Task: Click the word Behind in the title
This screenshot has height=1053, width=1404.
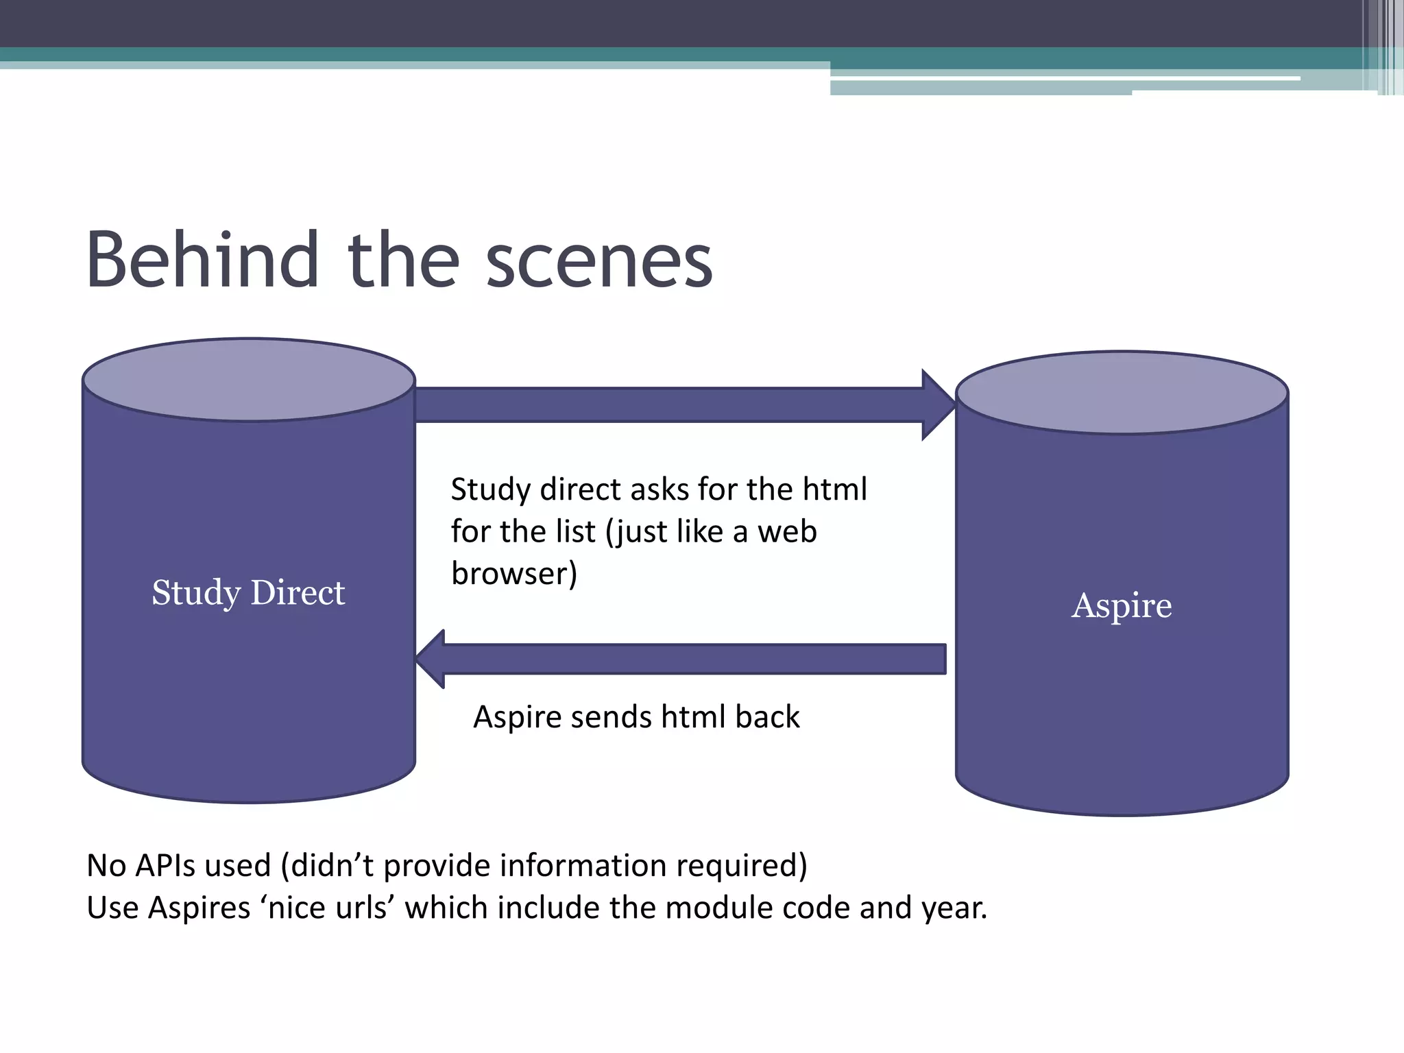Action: click(x=203, y=261)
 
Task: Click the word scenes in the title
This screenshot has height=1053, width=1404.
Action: click(x=599, y=262)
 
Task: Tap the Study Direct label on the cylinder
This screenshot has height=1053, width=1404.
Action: click(x=248, y=592)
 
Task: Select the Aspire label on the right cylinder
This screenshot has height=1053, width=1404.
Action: click(x=1122, y=605)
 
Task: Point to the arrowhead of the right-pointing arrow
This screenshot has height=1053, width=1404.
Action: click(x=938, y=404)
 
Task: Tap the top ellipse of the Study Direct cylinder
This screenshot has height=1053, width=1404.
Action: click(x=249, y=379)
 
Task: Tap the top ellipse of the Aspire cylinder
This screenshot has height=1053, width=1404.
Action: click(x=1122, y=392)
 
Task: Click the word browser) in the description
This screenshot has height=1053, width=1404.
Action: click(x=514, y=574)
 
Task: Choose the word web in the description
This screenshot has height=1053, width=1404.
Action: click(x=787, y=532)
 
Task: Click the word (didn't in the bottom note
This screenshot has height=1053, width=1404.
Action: click(x=328, y=865)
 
